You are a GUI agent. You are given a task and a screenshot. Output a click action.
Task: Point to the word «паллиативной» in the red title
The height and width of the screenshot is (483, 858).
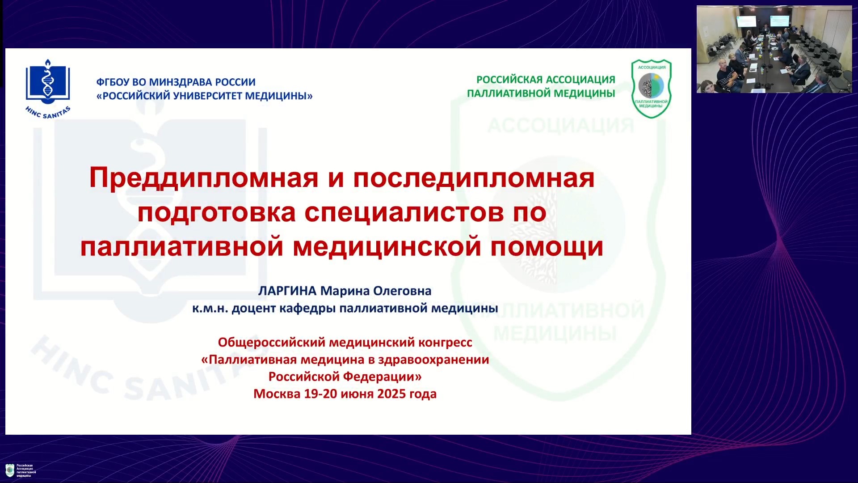click(x=182, y=247)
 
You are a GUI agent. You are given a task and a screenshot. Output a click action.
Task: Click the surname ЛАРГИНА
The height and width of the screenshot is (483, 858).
click(x=287, y=291)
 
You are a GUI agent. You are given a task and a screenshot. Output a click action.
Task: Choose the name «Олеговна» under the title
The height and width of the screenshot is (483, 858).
click(x=402, y=291)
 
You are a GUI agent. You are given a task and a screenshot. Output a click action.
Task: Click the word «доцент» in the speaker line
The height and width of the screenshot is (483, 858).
click(x=254, y=309)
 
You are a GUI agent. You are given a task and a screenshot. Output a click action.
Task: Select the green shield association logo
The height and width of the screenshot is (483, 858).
click(x=652, y=89)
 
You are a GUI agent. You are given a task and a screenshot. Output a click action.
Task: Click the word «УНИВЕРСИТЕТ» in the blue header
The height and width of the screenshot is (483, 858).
click(x=206, y=96)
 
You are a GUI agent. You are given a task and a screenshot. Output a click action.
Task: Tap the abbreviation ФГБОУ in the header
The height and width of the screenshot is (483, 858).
click(x=113, y=82)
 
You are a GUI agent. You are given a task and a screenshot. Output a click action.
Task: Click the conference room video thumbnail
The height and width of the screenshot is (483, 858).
click(x=774, y=49)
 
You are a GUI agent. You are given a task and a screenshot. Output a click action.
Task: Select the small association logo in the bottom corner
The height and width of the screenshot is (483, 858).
click(x=21, y=470)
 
